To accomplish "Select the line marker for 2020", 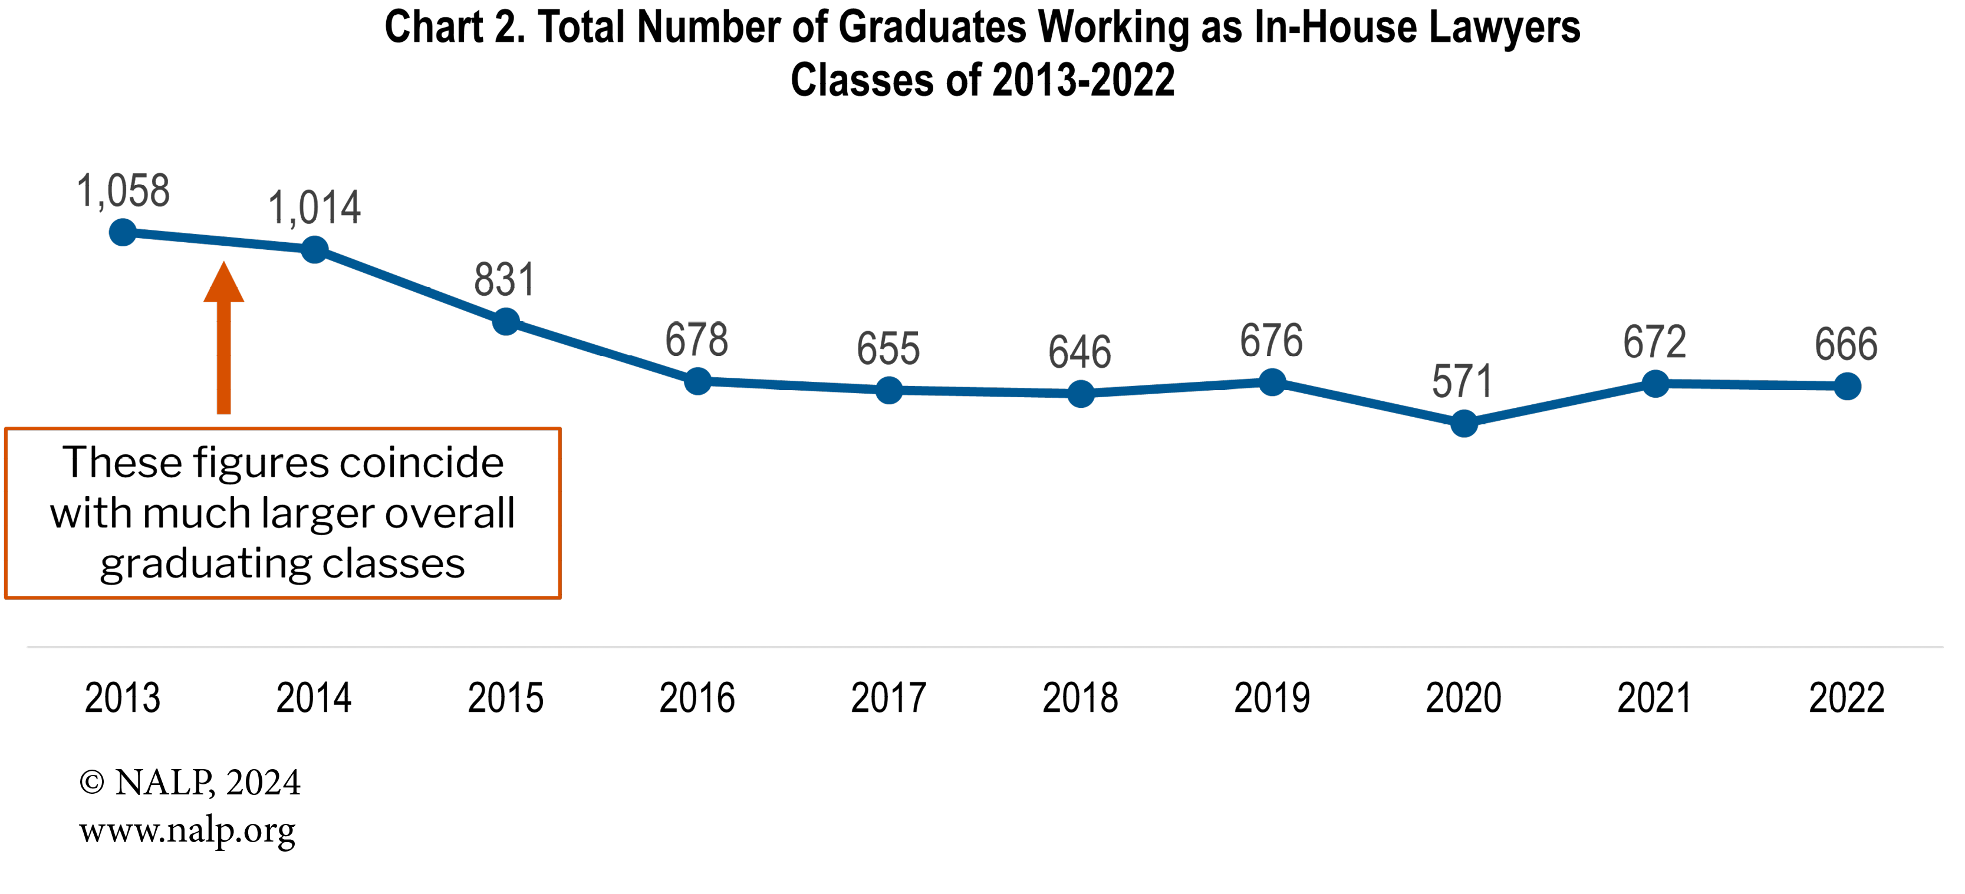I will tap(1463, 423).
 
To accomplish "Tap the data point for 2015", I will tap(506, 321).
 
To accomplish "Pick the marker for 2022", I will tap(1846, 386).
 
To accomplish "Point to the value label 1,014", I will tap(314, 208).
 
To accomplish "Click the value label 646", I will tap(1079, 352).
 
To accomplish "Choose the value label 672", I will tap(1654, 342).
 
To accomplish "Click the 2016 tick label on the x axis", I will tap(696, 698).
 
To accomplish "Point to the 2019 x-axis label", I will tap(1272, 698).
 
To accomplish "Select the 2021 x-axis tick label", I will tap(1654, 698).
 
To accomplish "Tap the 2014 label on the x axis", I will tap(314, 698).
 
